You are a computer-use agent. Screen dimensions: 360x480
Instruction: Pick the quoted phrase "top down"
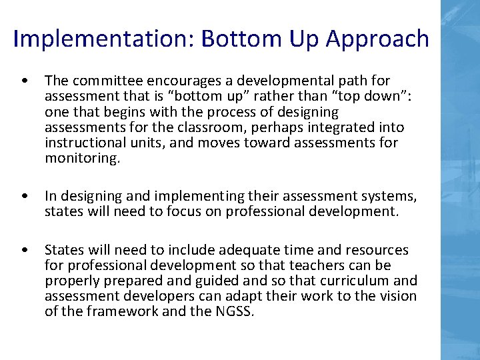click(377, 96)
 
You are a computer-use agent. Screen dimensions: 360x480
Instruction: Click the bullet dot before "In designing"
click(25, 197)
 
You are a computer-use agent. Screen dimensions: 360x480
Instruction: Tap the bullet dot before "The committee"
click(25, 81)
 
